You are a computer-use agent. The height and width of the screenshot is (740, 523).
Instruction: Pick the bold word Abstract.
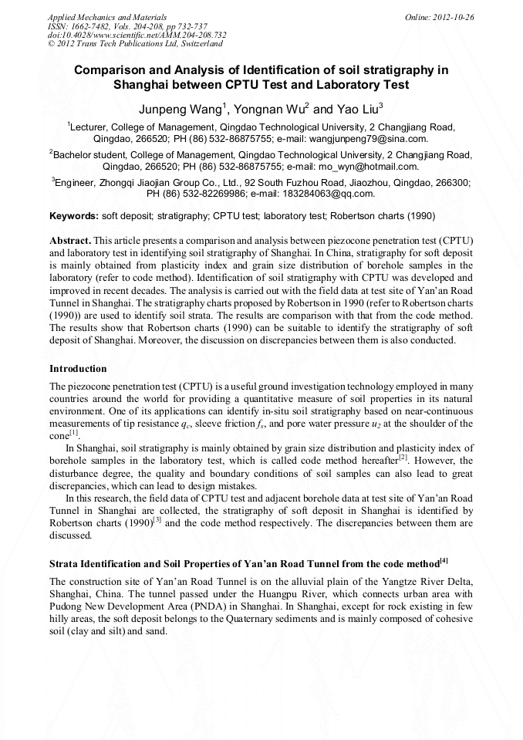click(x=70, y=242)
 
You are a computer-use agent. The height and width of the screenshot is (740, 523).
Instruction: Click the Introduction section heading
click(x=78, y=368)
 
